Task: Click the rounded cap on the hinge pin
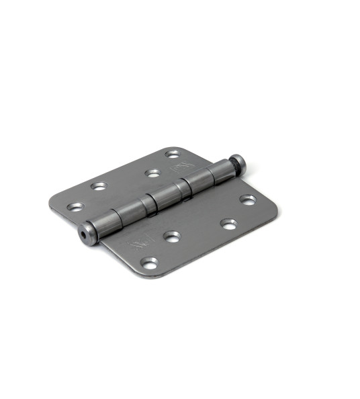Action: click(238, 162)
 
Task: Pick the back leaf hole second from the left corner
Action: click(99, 186)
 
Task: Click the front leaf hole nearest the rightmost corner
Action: click(248, 199)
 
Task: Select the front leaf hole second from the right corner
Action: click(229, 224)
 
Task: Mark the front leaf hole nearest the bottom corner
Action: click(150, 261)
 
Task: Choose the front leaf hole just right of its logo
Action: click(172, 236)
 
